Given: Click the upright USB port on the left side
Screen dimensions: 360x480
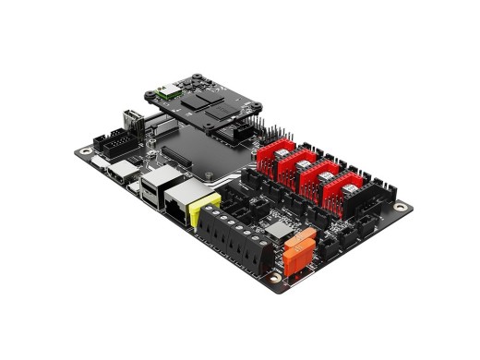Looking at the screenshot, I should click(x=131, y=123).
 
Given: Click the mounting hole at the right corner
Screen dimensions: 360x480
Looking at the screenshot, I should click(x=401, y=208).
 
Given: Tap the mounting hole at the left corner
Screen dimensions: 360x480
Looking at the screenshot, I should click(x=86, y=150).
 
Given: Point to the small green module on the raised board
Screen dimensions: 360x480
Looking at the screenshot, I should click(x=169, y=91).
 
